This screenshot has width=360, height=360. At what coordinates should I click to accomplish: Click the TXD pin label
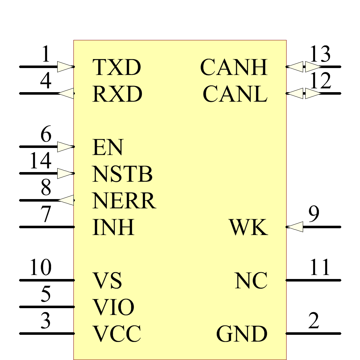pyautogui.click(x=116, y=67)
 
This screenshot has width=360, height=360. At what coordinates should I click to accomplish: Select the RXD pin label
pyautogui.click(x=117, y=94)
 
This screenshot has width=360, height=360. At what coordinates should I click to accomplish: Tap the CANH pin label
pyautogui.click(x=234, y=67)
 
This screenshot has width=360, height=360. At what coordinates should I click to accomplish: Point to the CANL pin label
pyautogui.click(x=235, y=94)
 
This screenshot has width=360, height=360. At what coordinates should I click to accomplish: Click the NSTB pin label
pyautogui.click(x=122, y=174)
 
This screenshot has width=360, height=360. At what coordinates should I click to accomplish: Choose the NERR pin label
pyautogui.click(x=124, y=201)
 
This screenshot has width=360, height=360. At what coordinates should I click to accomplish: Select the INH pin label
pyautogui.click(x=113, y=227)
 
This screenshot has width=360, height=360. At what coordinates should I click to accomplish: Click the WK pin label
pyautogui.click(x=248, y=227)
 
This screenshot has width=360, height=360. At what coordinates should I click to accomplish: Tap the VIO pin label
pyautogui.click(x=113, y=307)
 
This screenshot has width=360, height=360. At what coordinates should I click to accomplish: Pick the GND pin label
pyautogui.click(x=242, y=334)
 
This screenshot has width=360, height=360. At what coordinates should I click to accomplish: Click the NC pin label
pyautogui.click(x=251, y=280)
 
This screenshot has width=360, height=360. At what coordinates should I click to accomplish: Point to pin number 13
pyautogui.click(x=320, y=54)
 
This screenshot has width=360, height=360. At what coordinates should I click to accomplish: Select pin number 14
pyautogui.click(x=40, y=161)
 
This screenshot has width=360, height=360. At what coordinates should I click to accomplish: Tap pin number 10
pyautogui.click(x=40, y=267)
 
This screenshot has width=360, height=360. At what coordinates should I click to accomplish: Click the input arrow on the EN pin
pyautogui.click(x=66, y=147)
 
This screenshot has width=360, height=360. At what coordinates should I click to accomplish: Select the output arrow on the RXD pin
pyautogui.click(x=66, y=94)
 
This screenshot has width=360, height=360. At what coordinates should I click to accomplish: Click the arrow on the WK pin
pyautogui.click(x=295, y=227)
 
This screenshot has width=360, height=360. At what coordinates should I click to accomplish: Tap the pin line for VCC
pyautogui.click(x=47, y=333)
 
